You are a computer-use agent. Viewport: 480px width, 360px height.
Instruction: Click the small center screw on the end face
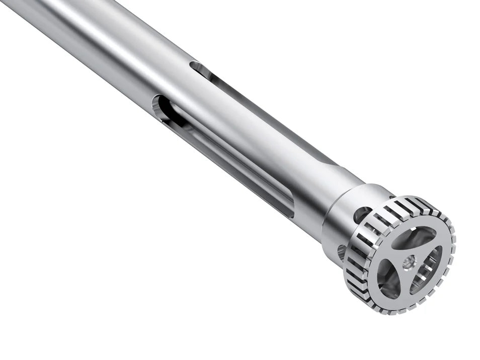point(408,261)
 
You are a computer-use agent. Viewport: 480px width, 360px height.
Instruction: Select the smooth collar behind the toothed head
point(347,222)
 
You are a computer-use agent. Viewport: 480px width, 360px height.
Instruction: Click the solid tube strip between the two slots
point(242,111)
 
